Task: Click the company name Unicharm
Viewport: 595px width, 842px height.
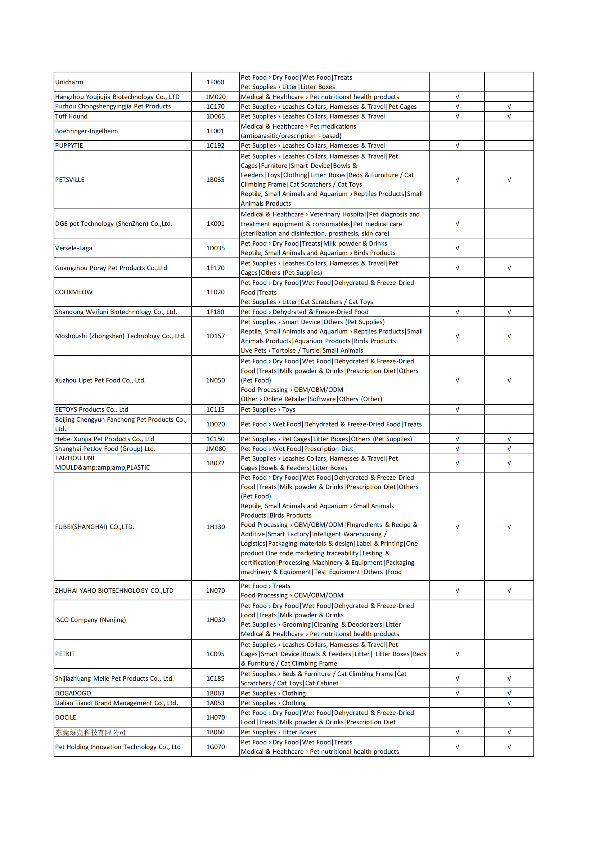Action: [x=69, y=82]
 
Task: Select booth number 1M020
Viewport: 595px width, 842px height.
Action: [x=215, y=97]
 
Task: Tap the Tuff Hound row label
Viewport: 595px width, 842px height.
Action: [x=71, y=116]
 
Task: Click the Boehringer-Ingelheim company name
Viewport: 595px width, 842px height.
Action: [x=86, y=131]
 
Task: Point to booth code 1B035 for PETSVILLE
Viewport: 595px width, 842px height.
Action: [x=215, y=180]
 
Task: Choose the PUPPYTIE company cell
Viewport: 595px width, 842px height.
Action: [x=69, y=145]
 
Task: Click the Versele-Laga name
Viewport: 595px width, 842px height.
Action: [x=73, y=248]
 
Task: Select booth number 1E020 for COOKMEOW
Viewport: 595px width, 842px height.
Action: [x=215, y=292]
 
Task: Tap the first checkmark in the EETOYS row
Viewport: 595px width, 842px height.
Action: [x=457, y=409]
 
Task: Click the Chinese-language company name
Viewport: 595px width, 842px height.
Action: [x=90, y=733]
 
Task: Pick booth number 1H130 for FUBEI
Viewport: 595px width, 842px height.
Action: [x=215, y=527]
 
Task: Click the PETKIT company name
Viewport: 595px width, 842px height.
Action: [x=65, y=654]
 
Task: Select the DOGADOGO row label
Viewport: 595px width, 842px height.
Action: [x=73, y=693]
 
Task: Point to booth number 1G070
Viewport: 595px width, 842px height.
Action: [x=215, y=747]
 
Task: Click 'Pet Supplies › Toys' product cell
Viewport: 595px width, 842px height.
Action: [x=268, y=409]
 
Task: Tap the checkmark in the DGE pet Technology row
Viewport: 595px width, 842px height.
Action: [x=457, y=224]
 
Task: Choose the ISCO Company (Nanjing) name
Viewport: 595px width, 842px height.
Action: [x=90, y=620]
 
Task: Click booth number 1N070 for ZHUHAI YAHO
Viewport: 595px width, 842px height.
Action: [x=215, y=591]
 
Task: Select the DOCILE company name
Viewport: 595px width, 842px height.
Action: [x=66, y=718]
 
